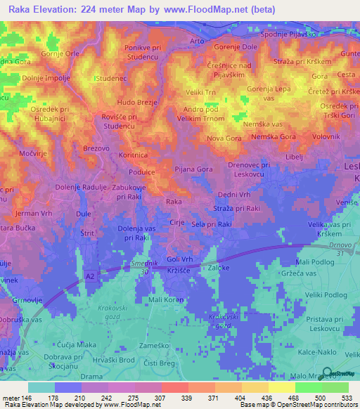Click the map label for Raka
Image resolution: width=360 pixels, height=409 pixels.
click(x=174, y=202)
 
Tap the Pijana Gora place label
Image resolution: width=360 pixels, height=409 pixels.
click(x=193, y=169)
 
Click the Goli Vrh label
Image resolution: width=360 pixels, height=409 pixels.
click(x=180, y=259)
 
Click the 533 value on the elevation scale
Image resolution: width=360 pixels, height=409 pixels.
click(x=347, y=398)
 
